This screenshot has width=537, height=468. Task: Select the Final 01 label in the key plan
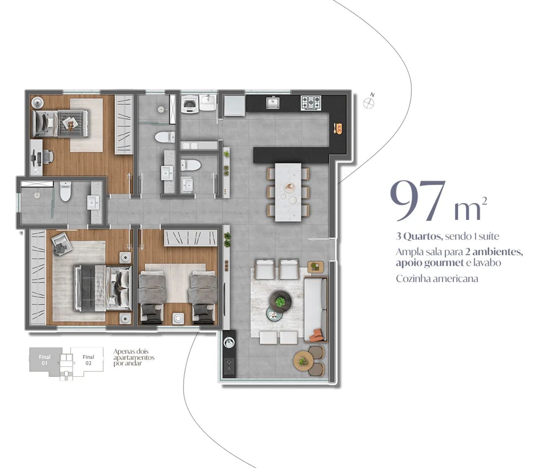click(44, 360)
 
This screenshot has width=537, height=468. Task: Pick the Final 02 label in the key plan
click(89, 360)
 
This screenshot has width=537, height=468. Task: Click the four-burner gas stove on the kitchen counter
click(311, 103)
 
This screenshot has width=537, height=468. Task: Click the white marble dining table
click(288, 192)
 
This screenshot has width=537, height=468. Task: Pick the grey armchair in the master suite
click(62, 243)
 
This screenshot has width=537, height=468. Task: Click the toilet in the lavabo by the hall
click(191, 165)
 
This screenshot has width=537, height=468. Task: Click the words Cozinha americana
click(437, 278)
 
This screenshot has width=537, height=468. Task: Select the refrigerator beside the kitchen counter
click(234, 105)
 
